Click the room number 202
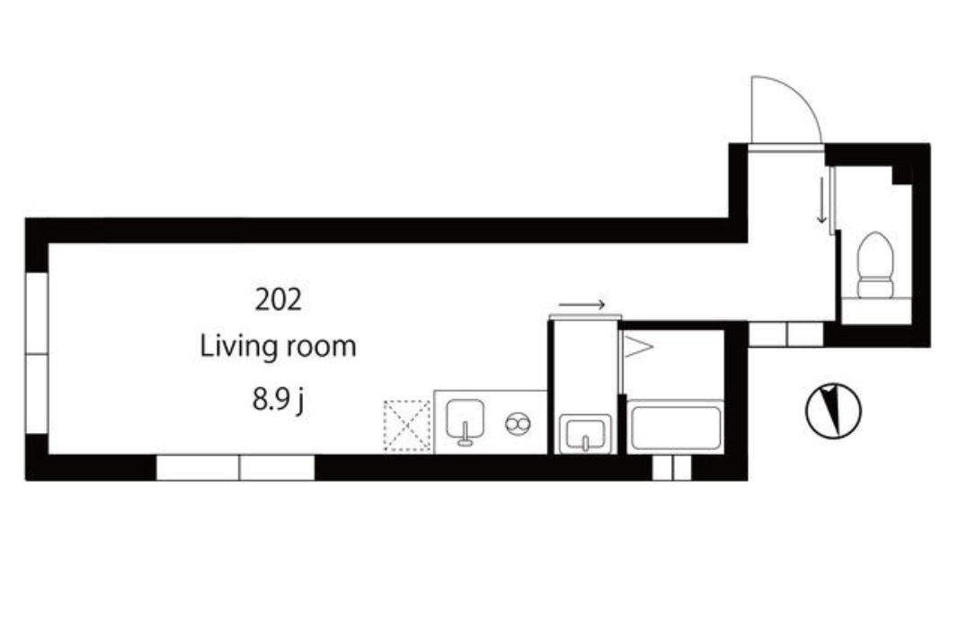(279, 299)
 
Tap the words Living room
(278, 346)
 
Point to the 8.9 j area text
(279, 399)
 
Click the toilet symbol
(875, 265)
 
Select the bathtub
(675, 428)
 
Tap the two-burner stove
(518, 424)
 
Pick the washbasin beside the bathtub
(585, 434)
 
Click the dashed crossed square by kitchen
(407, 426)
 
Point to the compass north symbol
(833, 410)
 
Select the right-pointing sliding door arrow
(582, 305)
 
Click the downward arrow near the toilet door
(821, 200)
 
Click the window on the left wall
(37, 353)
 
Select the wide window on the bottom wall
(235, 467)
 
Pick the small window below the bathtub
(672, 467)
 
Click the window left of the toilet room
(786, 334)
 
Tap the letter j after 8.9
(300, 402)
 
